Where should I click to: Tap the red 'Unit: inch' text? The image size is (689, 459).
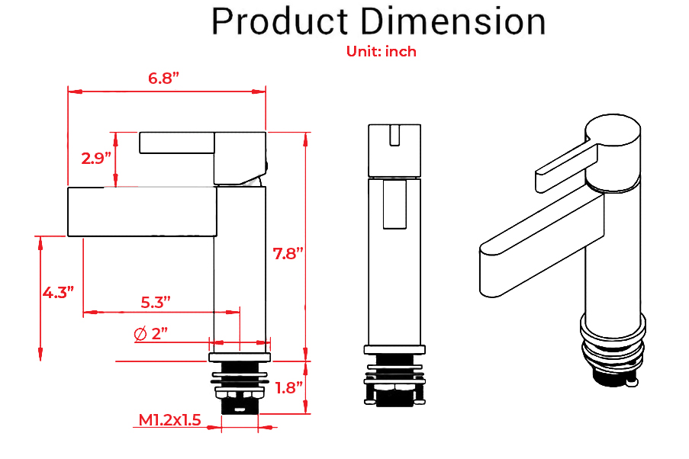(x=382, y=52)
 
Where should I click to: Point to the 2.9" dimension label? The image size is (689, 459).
(x=97, y=159)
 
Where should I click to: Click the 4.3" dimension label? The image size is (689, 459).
(x=58, y=292)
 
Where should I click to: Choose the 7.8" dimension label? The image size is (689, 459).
(x=289, y=254)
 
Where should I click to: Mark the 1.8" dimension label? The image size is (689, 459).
(x=289, y=387)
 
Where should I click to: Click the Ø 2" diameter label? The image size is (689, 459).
(x=150, y=333)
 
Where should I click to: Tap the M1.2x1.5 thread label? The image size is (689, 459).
(x=169, y=420)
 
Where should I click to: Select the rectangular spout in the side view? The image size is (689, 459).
(x=142, y=211)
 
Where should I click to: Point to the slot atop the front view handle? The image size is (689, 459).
(x=394, y=135)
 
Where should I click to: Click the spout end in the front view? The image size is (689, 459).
(x=394, y=204)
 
